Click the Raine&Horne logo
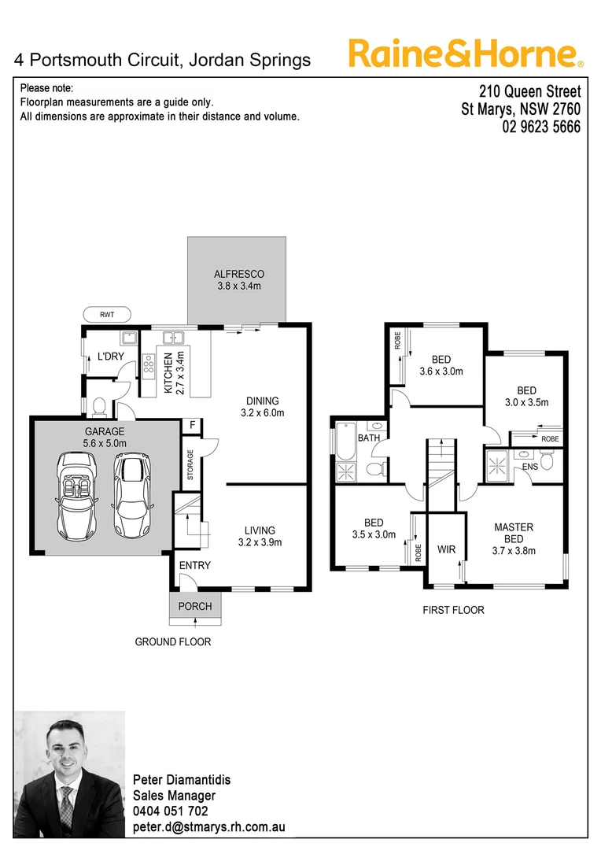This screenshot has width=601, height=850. coord(466,54)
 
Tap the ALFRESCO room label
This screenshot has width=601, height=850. coord(238,275)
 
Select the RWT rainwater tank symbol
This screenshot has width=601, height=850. coord(106,314)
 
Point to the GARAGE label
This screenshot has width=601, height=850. coord(105,432)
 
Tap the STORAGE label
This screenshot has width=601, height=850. coord(190,465)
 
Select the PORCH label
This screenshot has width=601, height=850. coord(195,607)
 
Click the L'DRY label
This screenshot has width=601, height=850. coord(111,357)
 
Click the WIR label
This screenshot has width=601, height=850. coord(446,549)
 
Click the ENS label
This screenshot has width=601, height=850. coord(530,467)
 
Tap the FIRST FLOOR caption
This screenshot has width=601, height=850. coord(453,610)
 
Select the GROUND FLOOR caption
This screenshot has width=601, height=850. coord(173,642)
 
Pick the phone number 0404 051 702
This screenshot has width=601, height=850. coord(171,811)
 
